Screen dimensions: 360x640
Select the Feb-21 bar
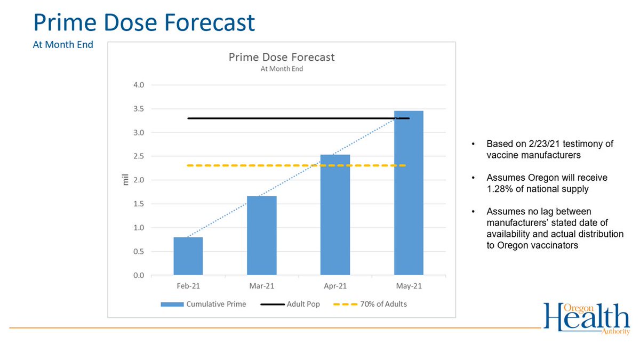(188, 256)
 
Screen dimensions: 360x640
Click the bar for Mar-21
(261, 235)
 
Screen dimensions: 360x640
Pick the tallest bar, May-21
(409, 193)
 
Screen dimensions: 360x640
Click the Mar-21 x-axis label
(261, 286)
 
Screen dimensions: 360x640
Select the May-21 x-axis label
(409, 286)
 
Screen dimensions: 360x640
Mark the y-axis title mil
(126, 180)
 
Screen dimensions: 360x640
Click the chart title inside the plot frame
(281, 57)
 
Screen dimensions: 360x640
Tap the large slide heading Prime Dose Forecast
(143, 23)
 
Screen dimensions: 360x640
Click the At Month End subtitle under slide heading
(63, 45)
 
